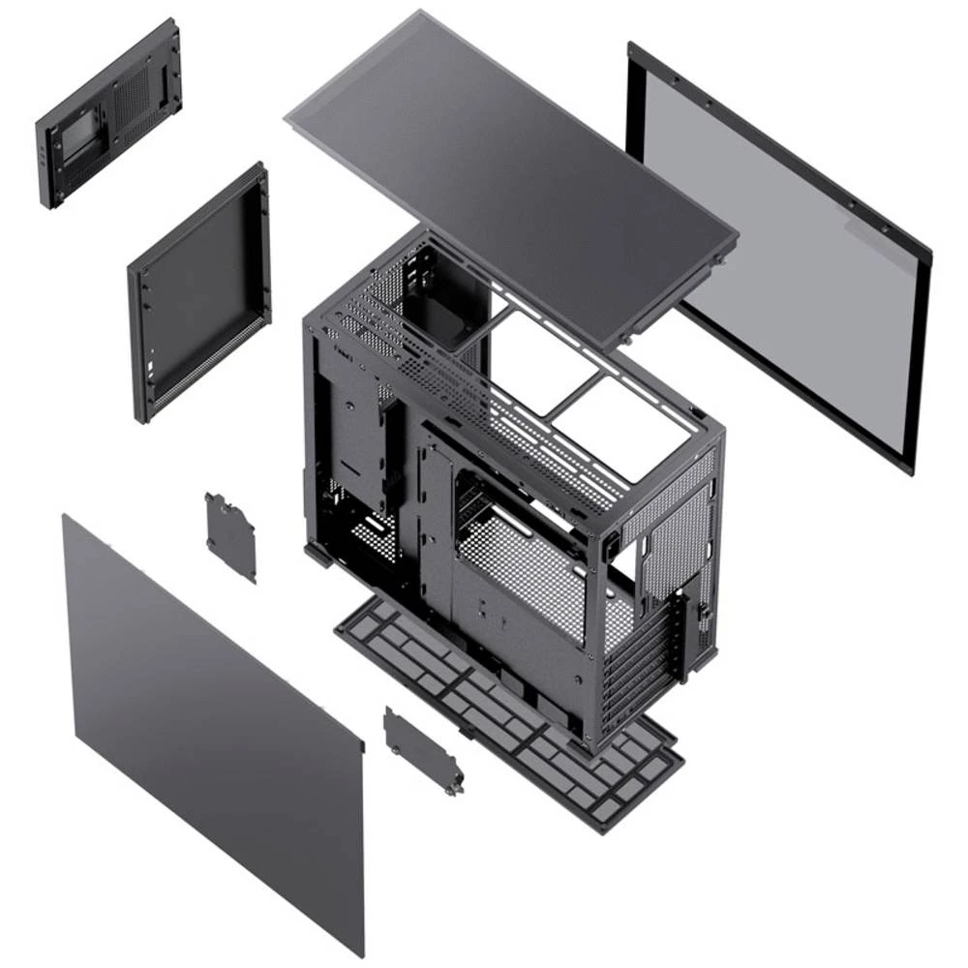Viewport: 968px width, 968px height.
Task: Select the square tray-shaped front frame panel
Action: tap(198, 290)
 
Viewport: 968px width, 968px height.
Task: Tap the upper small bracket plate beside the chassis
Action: tap(230, 535)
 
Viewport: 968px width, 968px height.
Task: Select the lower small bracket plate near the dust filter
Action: tap(422, 749)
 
